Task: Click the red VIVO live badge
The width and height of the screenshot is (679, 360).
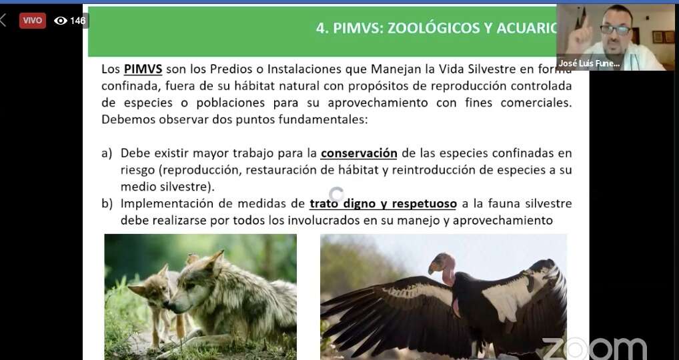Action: pos(33,21)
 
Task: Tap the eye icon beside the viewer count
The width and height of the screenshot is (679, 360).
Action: pos(61,21)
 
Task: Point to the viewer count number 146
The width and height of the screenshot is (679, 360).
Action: pos(78,21)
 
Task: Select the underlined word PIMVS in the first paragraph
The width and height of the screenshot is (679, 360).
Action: pos(143,69)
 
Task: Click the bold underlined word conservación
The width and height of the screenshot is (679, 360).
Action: pos(359,153)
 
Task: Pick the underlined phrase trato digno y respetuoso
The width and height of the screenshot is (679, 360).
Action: pos(384,204)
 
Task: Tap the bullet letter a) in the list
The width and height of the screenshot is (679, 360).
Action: pos(107,153)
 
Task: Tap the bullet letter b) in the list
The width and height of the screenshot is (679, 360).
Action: pos(107,204)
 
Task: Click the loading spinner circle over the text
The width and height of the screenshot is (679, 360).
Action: pos(336,195)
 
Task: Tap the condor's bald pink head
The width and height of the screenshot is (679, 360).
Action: pos(442,263)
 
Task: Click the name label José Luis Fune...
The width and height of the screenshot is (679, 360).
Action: pos(589,63)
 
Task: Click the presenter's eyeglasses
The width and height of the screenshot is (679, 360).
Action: pos(616,29)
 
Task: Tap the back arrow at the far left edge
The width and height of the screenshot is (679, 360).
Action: pos(3,20)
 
